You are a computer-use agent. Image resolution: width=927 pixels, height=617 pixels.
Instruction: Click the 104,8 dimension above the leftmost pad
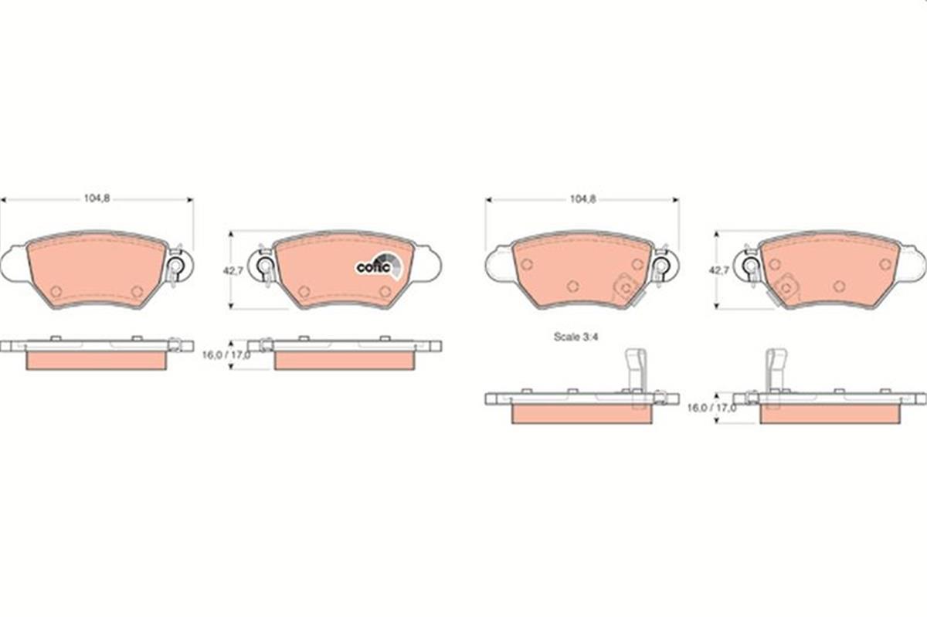click(x=97, y=198)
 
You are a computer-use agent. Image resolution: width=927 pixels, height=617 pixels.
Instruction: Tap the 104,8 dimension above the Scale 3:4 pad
click(x=582, y=198)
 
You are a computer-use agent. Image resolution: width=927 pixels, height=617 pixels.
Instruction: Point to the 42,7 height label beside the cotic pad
click(x=233, y=271)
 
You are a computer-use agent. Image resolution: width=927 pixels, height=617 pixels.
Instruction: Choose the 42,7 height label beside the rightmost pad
click(x=718, y=271)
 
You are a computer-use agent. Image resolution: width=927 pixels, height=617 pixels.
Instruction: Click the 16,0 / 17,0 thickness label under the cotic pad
click(x=226, y=355)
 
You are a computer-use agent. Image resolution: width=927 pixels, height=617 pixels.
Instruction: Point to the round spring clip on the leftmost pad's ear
click(x=175, y=267)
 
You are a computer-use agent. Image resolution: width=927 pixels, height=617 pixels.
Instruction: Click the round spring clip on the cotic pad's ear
click(x=265, y=267)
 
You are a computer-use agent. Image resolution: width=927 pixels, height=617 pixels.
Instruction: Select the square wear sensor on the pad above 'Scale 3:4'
click(x=623, y=289)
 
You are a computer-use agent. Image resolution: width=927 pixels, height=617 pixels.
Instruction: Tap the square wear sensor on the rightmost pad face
click(x=786, y=286)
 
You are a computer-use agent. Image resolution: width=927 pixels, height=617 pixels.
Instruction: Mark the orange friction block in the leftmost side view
click(x=97, y=361)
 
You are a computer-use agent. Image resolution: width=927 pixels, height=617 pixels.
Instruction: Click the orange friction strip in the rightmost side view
click(x=830, y=415)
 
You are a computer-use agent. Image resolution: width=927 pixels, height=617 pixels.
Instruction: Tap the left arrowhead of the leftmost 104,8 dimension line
click(x=3, y=199)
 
